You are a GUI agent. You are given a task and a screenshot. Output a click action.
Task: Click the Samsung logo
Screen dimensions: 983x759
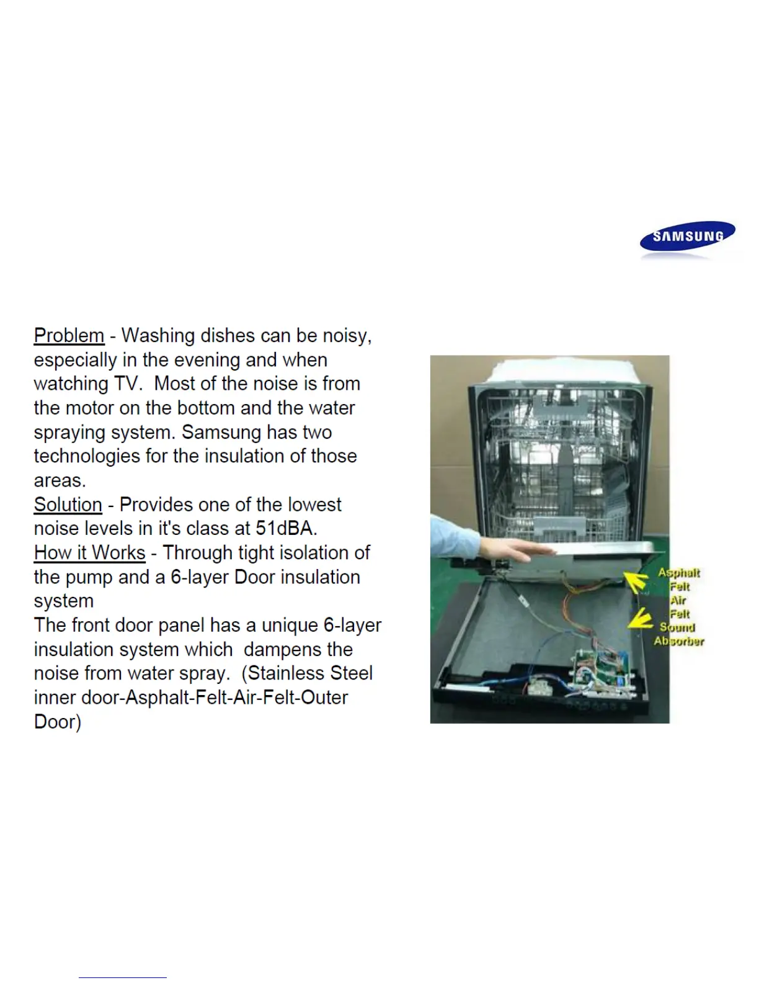(687, 236)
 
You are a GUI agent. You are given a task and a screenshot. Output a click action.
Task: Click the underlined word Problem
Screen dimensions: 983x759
(69, 335)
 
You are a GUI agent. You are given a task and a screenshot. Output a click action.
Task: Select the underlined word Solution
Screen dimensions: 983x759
(68, 505)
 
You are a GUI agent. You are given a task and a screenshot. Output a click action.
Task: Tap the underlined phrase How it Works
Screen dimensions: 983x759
(89, 552)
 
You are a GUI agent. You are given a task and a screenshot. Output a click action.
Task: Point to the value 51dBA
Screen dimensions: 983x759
(286, 529)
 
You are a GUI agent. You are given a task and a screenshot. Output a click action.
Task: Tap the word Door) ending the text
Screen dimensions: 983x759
(57, 722)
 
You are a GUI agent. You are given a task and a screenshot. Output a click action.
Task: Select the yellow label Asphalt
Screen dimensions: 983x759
(679, 573)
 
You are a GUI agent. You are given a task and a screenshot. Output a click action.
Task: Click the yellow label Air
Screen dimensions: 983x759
(678, 600)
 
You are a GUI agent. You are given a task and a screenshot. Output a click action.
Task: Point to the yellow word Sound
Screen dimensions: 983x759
(677, 627)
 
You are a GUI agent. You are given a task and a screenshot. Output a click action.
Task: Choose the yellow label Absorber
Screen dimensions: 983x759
(679, 641)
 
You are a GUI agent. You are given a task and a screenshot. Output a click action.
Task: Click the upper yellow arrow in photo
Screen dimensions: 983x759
(636, 583)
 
